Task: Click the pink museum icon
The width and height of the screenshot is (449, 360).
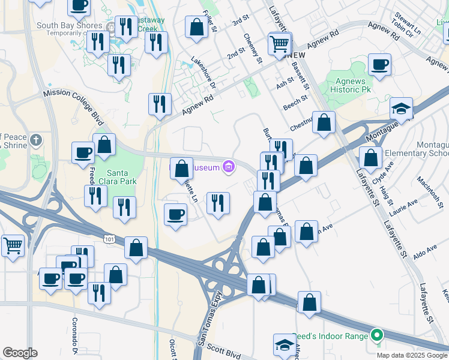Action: [x=228, y=167]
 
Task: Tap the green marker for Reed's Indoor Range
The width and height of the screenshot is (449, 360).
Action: [x=377, y=335]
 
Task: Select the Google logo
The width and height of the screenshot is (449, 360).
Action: [x=19, y=353]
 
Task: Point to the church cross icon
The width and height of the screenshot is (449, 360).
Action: [x=36, y=141]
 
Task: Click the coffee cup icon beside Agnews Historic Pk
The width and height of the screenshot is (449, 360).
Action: [x=379, y=65]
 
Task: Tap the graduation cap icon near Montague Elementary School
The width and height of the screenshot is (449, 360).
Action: [x=401, y=109]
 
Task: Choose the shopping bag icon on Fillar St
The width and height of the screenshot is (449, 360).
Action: [x=196, y=28]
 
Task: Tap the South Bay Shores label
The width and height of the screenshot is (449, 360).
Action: [x=69, y=25]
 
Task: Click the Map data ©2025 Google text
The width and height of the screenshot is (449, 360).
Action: [x=412, y=355]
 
